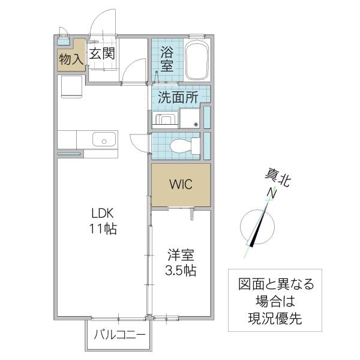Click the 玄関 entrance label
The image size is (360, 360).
click(x=102, y=54)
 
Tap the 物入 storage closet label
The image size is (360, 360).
click(x=71, y=59)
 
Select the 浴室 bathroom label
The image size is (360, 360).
click(x=168, y=58)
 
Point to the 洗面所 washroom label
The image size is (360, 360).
click(x=178, y=98)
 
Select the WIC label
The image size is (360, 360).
click(x=180, y=184)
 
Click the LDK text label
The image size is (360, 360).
click(x=102, y=214)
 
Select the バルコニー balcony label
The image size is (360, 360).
click(x=119, y=334)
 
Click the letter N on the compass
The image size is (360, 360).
click(x=272, y=193)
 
